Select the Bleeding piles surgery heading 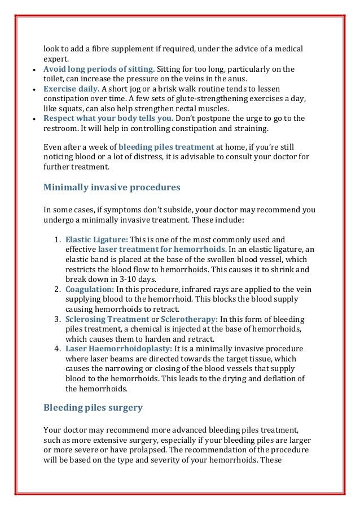pyautogui.click(x=93, y=407)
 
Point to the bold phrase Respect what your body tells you pyautogui.click(x=109, y=118)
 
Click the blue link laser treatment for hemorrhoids pyautogui.click(x=162, y=249)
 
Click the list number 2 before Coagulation pyautogui.click(x=58, y=289)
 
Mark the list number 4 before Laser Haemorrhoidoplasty pyautogui.click(x=58, y=348)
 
